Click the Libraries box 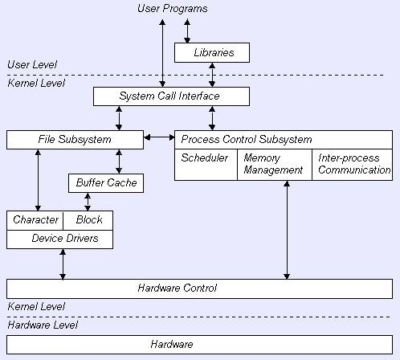tap(212, 52)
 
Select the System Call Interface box tap(171, 96)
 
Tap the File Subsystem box tap(75, 140)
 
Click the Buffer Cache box tap(106, 183)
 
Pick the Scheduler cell tap(206, 165)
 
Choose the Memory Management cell tap(275, 165)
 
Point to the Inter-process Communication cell tap(353, 165)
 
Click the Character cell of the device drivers tap(35, 220)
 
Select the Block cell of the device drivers tap(88, 220)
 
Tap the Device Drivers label tap(65, 238)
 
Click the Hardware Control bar tap(199, 288)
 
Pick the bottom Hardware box tap(199, 345)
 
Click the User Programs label tap(173, 9)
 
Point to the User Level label tap(32, 64)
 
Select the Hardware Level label tap(43, 325)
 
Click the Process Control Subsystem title tap(247, 140)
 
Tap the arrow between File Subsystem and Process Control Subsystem tap(159, 137)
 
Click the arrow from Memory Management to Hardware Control tap(287, 230)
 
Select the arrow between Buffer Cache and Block tap(88, 202)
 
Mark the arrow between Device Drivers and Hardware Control tap(63, 264)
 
